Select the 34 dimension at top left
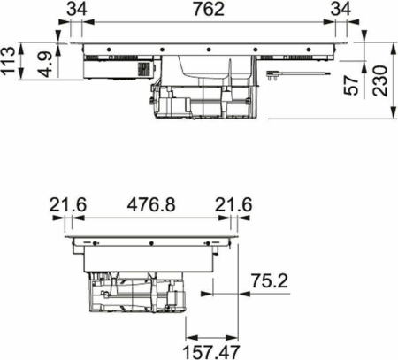77,10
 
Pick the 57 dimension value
354,86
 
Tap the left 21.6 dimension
67,205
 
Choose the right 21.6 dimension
233,205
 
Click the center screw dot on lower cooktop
151,240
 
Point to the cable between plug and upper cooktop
305,75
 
